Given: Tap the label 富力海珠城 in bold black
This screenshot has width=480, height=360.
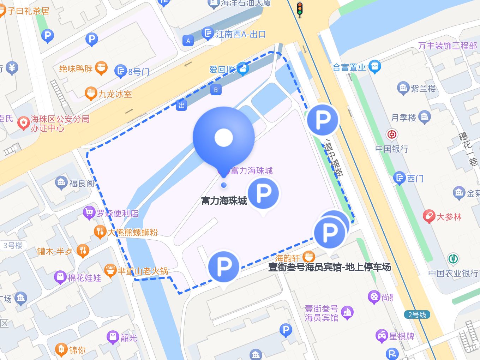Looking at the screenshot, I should pyautogui.click(x=224, y=201).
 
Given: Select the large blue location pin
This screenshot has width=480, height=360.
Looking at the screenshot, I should pyautogui.click(x=224, y=138).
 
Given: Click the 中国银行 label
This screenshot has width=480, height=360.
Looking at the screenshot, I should pyautogui.click(x=392, y=149).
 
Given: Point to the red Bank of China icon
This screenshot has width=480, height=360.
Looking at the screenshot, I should pyautogui.click(x=392, y=134).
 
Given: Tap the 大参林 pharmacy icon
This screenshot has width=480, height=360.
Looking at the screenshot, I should pyautogui.click(x=429, y=216).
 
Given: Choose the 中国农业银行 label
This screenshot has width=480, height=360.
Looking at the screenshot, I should pyautogui.click(x=453, y=273).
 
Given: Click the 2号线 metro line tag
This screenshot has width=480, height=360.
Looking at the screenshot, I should pyautogui.click(x=417, y=315).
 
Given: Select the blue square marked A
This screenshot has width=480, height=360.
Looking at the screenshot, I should pyautogui.click(x=188, y=41).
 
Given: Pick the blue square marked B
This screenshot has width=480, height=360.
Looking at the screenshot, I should pyautogui.click(x=216, y=90).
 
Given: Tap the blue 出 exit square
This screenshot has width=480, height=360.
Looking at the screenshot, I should pyautogui.click(x=181, y=105).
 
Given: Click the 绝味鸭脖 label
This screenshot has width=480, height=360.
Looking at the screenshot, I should pyautogui.click(x=76, y=68).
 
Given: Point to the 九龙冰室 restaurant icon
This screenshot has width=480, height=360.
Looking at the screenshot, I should pyautogui.click(x=91, y=94).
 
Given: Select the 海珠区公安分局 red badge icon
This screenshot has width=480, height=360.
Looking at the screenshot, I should pyautogui.click(x=24, y=123).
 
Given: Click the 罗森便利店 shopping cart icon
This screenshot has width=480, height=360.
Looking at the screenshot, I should pyautogui.click(x=89, y=213).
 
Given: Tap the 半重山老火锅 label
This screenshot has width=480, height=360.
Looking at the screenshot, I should pyautogui.click(x=143, y=271).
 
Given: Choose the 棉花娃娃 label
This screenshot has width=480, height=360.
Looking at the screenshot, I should pyautogui.click(x=84, y=278).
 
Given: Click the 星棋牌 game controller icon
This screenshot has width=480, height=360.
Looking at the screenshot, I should pyautogui.click(x=382, y=336).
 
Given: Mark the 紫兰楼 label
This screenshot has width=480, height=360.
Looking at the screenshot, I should pyautogui.click(x=423, y=89).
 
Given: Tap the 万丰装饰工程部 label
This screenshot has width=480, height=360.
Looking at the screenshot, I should pyautogui.click(x=448, y=46).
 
